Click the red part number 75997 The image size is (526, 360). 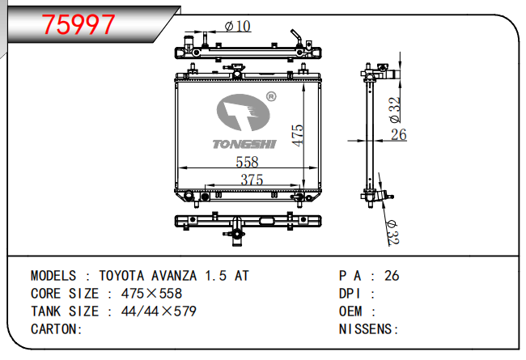[78, 24]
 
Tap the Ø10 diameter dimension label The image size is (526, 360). [237, 26]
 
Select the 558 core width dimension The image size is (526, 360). [248, 162]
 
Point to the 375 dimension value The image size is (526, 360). [252, 180]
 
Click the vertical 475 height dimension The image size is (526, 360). [297, 135]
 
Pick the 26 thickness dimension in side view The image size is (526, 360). [399, 134]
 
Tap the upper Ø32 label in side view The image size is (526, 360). [395, 110]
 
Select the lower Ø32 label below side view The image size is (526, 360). [392, 233]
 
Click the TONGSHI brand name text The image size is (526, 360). [244, 144]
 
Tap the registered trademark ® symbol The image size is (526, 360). [271, 96]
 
